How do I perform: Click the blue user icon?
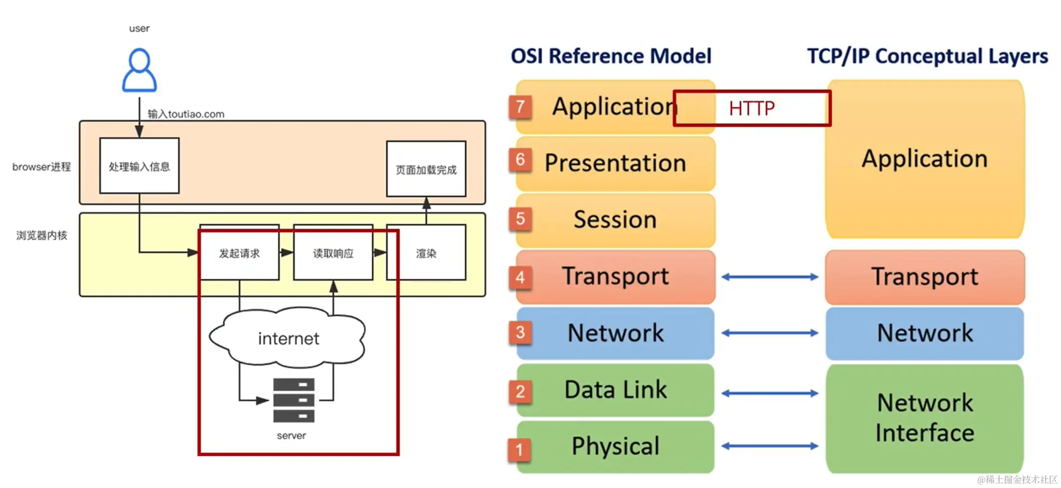[139, 70]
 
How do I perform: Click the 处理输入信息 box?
[139, 166]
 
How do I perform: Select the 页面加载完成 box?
[426, 169]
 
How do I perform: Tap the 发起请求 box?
[239, 253]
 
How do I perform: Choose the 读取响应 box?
[333, 253]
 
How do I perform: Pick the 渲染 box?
[426, 253]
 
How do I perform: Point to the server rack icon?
[294, 400]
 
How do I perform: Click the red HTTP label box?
[752, 108]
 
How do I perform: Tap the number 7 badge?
[520, 107]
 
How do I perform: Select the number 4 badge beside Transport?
[520, 277]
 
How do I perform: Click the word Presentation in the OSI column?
[615, 163]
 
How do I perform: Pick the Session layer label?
[615, 219]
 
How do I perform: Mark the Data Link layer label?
[615, 390]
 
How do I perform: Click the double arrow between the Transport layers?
[769, 277]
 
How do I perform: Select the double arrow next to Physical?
[769, 446]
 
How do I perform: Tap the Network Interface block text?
[925, 418]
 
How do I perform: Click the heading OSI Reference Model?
[611, 56]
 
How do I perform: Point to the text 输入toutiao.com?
[186, 114]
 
